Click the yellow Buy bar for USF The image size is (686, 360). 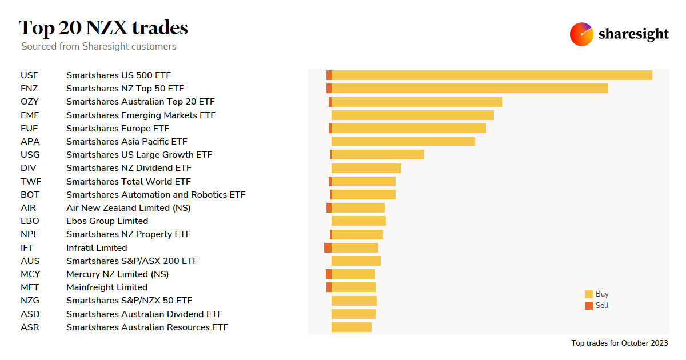tap(492, 75)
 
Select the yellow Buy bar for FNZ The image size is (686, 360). tap(469, 88)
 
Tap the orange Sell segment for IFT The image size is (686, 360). tap(328, 247)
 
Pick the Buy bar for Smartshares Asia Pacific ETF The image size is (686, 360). tap(403, 141)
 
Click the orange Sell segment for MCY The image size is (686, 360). tap(329, 274)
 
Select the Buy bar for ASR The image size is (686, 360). tap(352, 327)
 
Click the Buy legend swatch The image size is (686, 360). tap(589, 294)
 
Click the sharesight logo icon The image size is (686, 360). tap(581, 34)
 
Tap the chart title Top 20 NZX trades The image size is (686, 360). tap(103, 27)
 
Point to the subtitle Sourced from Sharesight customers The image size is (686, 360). tap(99, 46)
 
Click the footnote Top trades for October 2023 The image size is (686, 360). tap(619, 343)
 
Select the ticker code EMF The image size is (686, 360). tap(30, 115)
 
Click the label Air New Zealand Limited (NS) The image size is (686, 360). tap(129, 207)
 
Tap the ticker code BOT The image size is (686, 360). tap(30, 194)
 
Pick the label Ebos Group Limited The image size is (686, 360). tap(107, 221)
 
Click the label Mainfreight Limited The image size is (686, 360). tap(107, 287)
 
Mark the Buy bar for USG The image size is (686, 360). tap(378, 154)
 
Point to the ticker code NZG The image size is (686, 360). tap(30, 300)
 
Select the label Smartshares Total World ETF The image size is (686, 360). tap(129, 181)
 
